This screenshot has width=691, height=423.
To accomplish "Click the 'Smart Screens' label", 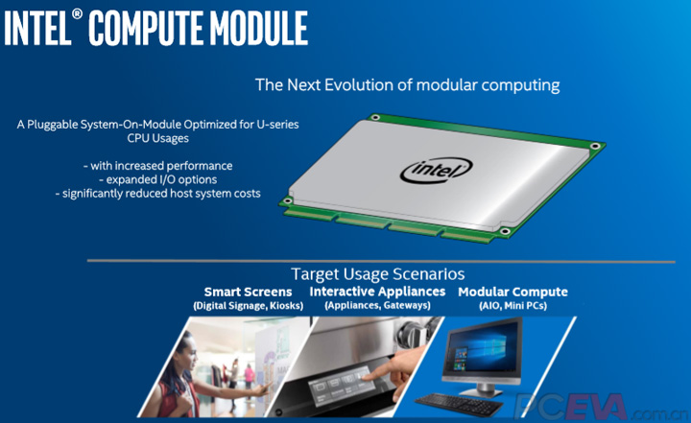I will pyautogui.click(x=248, y=292).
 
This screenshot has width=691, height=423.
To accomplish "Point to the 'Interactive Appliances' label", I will pyautogui.click(x=377, y=292).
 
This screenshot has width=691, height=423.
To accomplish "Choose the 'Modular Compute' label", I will pyautogui.click(x=512, y=292).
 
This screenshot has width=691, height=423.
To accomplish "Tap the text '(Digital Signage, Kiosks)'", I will pyautogui.click(x=248, y=305).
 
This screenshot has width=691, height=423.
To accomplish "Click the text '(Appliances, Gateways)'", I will pyautogui.click(x=377, y=305).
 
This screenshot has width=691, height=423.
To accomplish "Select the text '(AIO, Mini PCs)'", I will pyautogui.click(x=512, y=305).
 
